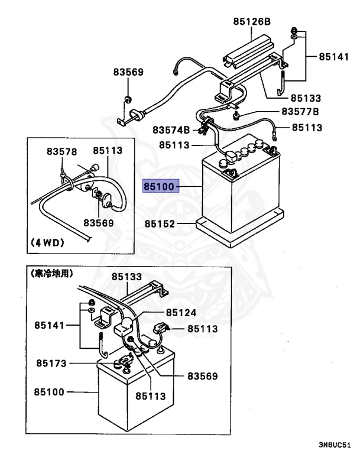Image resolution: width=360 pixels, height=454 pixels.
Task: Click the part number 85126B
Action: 251,22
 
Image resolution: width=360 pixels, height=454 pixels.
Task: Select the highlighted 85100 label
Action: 159,187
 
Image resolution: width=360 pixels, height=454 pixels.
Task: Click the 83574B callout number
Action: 171,129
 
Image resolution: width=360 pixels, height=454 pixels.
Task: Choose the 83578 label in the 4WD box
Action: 62,152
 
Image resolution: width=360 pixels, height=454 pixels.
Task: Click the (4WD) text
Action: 47,242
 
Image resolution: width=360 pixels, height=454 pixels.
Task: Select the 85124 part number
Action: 181,313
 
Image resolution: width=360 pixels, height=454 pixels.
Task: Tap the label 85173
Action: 51,363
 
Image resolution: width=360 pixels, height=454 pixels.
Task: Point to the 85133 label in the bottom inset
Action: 127,276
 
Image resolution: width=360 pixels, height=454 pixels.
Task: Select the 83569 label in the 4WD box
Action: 98,223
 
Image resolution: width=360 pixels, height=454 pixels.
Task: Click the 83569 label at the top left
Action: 128,72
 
